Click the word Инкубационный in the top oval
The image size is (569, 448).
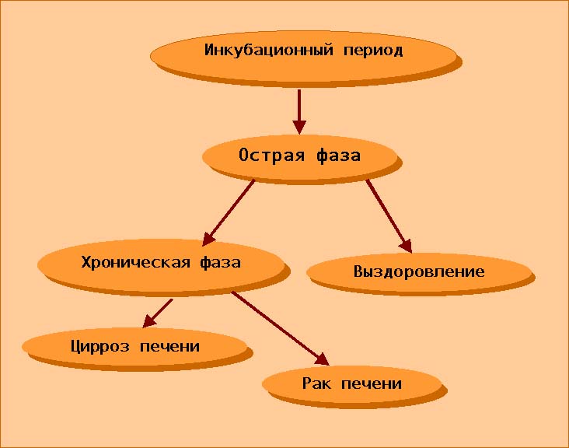click(x=268, y=50)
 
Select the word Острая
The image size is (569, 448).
click(x=271, y=156)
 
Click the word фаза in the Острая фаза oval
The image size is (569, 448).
click(x=338, y=156)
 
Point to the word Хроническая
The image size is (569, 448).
click(x=135, y=262)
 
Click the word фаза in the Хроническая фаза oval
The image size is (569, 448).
click(x=220, y=262)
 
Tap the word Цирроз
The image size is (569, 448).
click(x=99, y=346)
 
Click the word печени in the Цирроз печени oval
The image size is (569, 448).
click(x=169, y=347)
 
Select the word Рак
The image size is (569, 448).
click(x=316, y=383)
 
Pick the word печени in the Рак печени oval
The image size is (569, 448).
click(x=372, y=383)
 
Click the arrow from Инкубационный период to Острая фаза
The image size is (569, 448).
click(x=299, y=112)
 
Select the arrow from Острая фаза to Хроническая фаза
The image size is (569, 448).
click(x=228, y=213)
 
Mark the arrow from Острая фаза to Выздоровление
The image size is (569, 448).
click(x=389, y=216)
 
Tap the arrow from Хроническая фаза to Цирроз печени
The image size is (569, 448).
click(x=158, y=313)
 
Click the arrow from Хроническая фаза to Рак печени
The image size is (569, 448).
click(x=280, y=328)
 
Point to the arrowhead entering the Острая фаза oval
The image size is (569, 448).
click(x=299, y=128)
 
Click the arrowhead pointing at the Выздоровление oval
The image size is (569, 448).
click(x=407, y=246)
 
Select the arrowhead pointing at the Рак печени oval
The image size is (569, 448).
click(x=323, y=359)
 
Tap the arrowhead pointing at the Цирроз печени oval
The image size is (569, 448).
click(x=148, y=321)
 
